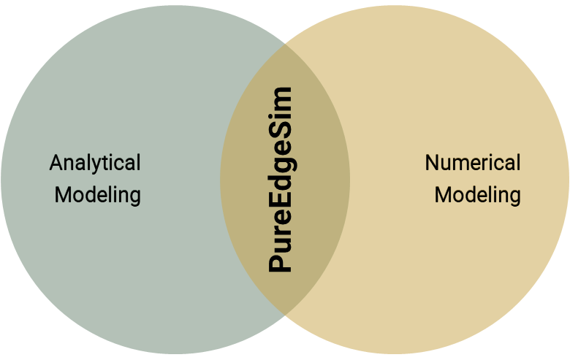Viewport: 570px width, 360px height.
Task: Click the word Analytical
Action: coord(95,162)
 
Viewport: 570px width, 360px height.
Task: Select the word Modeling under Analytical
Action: coord(97,195)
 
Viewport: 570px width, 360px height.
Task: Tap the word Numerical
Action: coord(473,162)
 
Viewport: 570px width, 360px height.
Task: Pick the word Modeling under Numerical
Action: coord(477,195)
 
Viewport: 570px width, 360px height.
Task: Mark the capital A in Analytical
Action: coord(56,162)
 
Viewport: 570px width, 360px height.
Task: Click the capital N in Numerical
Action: coord(433,162)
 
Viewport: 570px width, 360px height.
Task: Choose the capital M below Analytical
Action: coord(63,195)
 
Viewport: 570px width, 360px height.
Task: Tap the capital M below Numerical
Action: coord(443,195)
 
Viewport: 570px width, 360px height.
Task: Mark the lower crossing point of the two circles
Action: coord(285,315)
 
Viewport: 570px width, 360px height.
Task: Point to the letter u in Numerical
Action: coord(447,164)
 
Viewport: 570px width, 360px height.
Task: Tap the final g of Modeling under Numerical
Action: coord(514,197)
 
